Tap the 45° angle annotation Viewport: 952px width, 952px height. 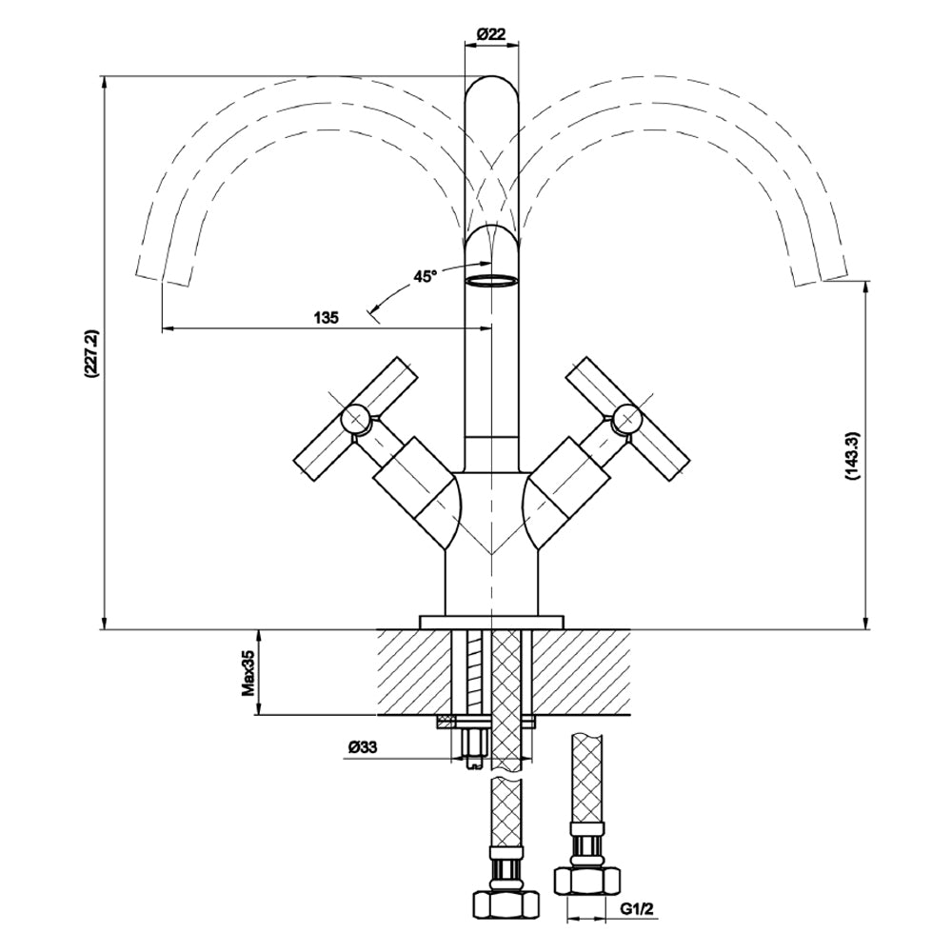pyautogui.click(x=425, y=277)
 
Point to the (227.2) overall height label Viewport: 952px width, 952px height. pyautogui.click(x=91, y=355)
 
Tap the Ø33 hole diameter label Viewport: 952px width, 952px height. pyautogui.click(x=363, y=748)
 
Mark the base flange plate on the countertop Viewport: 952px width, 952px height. pyautogui.click(x=491, y=622)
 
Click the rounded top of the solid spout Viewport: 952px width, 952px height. pyautogui.click(x=492, y=90)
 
